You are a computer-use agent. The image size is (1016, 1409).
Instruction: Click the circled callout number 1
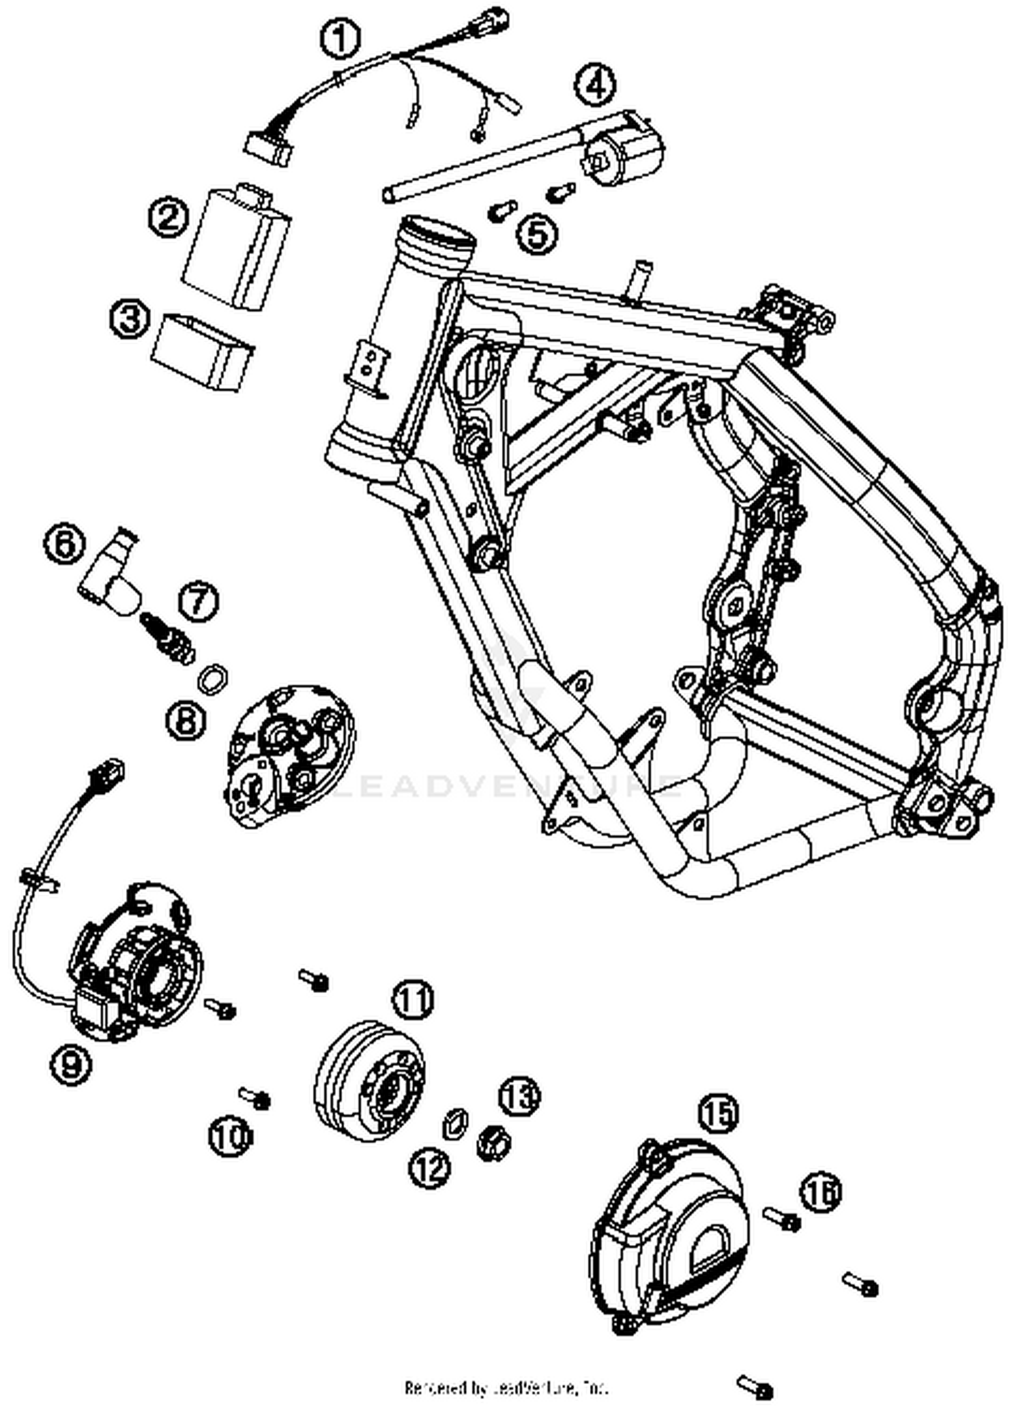click(341, 39)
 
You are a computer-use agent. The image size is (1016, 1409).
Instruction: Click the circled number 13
click(520, 1095)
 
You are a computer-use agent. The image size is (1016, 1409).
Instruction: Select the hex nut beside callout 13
click(494, 1145)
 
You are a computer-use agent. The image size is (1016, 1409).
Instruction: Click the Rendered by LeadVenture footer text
click(507, 1387)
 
